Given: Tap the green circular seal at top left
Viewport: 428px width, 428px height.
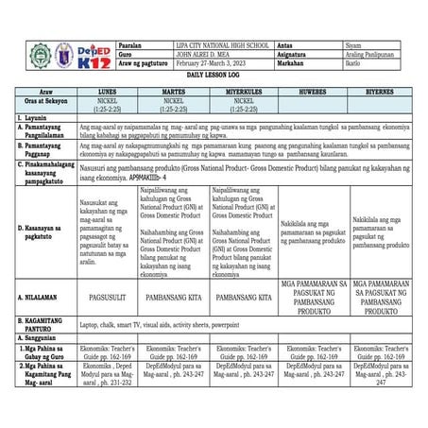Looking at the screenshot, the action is coord(41,56).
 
